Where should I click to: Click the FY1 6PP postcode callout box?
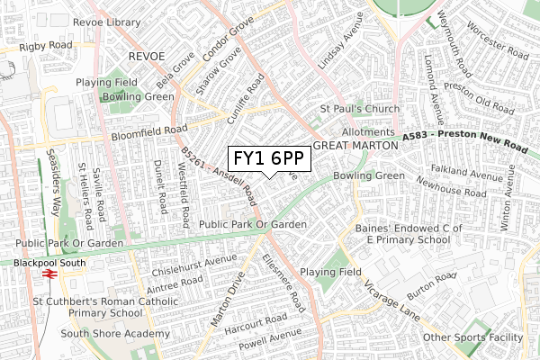point(269,158)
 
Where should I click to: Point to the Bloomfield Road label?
point(149,133)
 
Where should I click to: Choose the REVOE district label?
point(147,56)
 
